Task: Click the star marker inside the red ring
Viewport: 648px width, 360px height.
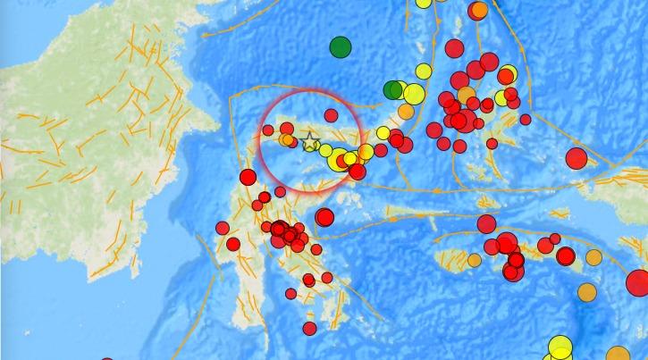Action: (x=310, y=141)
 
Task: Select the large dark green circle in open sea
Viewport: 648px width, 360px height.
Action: (x=341, y=46)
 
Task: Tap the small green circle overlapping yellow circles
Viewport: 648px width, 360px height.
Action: (x=391, y=89)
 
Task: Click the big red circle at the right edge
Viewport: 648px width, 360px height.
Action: (x=638, y=283)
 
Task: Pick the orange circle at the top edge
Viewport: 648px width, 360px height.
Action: (x=479, y=10)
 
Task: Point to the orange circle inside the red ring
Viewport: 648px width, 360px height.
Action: (x=286, y=139)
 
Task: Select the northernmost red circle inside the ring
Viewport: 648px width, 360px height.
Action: (x=331, y=115)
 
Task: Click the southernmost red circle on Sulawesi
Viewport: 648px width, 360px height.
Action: (x=309, y=328)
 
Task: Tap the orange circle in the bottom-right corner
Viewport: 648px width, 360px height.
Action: (x=618, y=354)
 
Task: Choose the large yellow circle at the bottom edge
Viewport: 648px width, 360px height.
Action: (x=560, y=347)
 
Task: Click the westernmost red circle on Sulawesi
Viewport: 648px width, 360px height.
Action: (x=223, y=228)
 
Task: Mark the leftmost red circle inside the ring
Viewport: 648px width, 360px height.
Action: (x=267, y=130)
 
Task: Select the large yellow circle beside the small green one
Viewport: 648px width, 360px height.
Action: (x=413, y=93)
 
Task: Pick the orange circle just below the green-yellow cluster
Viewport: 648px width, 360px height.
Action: (x=406, y=112)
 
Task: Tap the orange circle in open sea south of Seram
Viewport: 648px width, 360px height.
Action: (x=587, y=292)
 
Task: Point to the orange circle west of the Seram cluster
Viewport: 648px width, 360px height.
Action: (x=474, y=261)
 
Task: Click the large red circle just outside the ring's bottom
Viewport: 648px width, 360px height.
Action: (x=324, y=217)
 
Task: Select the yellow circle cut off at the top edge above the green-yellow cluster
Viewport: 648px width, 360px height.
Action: (x=424, y=2)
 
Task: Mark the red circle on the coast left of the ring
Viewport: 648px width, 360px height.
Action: (x=248, y=178)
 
